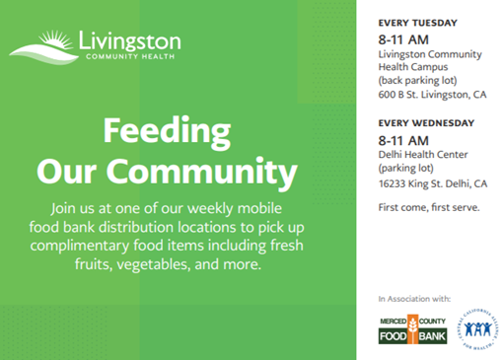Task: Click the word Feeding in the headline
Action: [166, 132]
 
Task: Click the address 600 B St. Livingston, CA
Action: [433, 96]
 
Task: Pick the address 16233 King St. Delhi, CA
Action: [433, 183]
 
